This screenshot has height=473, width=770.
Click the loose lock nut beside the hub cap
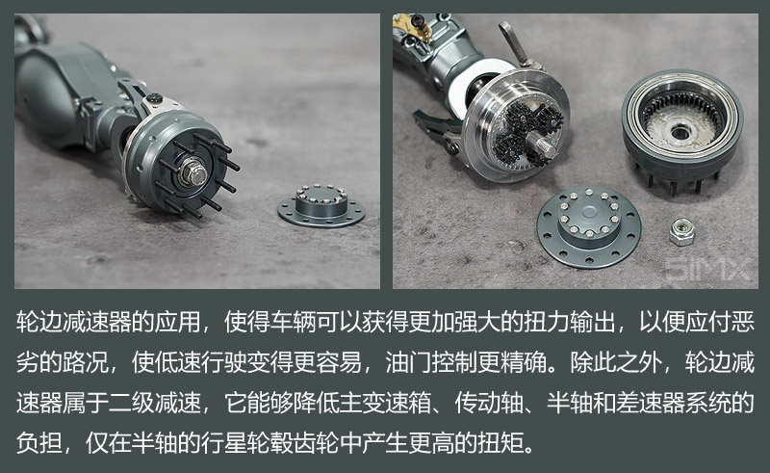click(x=681, y=231)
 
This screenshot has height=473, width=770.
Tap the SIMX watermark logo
click(x=707, y=270)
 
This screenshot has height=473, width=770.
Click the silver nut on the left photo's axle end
click(x=193, y=172)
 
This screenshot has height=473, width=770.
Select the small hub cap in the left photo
click(x=321, y=205)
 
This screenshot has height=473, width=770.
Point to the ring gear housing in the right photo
click(x=682, y=128)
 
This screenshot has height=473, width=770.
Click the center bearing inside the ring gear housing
click(x=680, y=131)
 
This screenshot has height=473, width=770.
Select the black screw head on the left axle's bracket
click(x=155, y=97)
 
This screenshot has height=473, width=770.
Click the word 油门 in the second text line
click(x=408, y=363)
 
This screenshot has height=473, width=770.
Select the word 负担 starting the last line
click(x=39, y=442)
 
